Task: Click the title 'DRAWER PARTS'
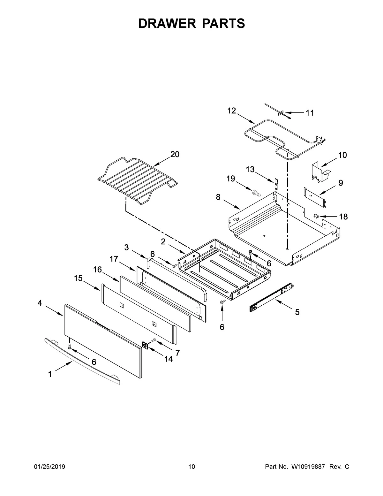pyautogui.click(x=191, y=24)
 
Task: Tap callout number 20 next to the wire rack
pyautogui.click(x=175, y=155)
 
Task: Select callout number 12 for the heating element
pyautogui.click(x=231, y=111)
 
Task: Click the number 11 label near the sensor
pyautogui.click(x=310, y=113)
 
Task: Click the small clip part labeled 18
pyautogui.click(x=317, y=216)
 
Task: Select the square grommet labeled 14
pyautogui.click(x=146, y=345)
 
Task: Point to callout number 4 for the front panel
pyautogui.click(x=40, y=303)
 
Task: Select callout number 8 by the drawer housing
pyautogui.click(x=218, y=197)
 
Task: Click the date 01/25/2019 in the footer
pyautogui.click(x=49, y=467)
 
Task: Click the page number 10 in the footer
pyautogui.click(x=191, y=467)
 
